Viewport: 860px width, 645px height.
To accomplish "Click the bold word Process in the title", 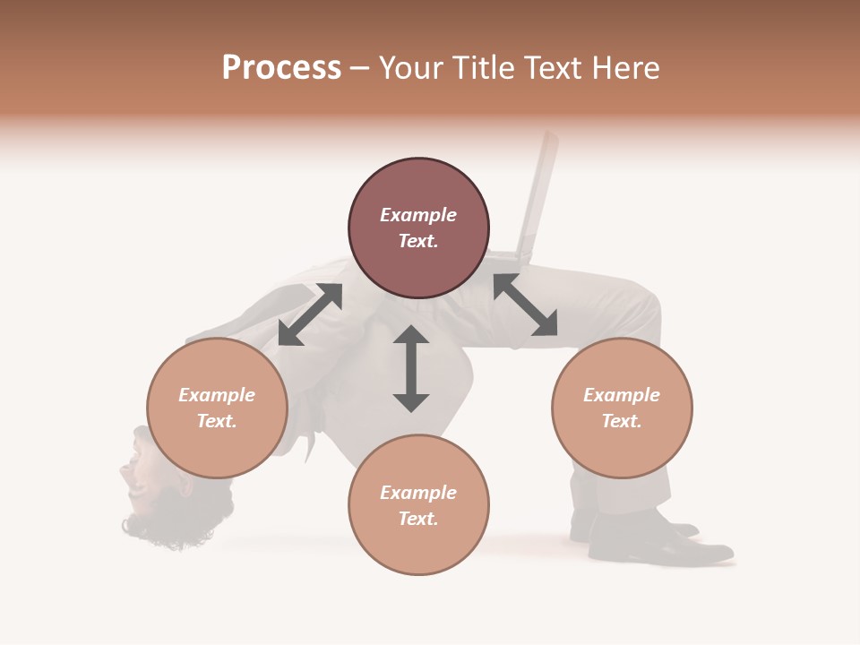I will pos(281,67).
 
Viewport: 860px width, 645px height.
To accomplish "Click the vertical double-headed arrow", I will pos(411,368).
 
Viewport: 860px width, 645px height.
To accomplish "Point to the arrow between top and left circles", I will pos(310,314).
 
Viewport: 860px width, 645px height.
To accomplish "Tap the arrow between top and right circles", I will pos(525,305).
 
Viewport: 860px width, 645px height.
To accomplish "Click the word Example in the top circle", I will pos(418,215).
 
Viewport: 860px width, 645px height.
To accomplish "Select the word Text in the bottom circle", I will pos(418,519).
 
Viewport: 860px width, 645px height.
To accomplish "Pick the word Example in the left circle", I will pos(217,395).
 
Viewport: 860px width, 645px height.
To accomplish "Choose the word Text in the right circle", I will pos(622,421).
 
